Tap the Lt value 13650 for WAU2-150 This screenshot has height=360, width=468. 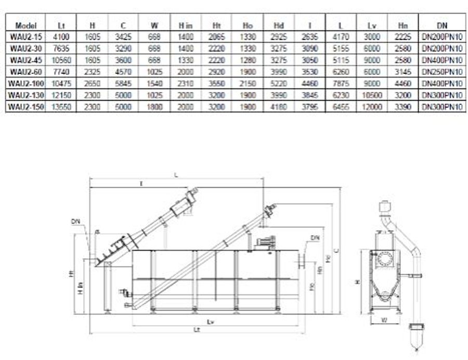60,107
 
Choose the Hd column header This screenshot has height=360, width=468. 279,25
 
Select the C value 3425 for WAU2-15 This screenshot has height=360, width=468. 124,36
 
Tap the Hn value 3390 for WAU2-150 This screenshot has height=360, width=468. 402,107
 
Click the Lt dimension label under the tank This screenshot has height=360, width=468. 196,329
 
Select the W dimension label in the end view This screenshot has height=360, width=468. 384,319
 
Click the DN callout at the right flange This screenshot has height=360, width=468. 315,238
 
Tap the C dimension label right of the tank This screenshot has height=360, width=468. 336,250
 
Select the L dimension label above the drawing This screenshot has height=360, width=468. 176,175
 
